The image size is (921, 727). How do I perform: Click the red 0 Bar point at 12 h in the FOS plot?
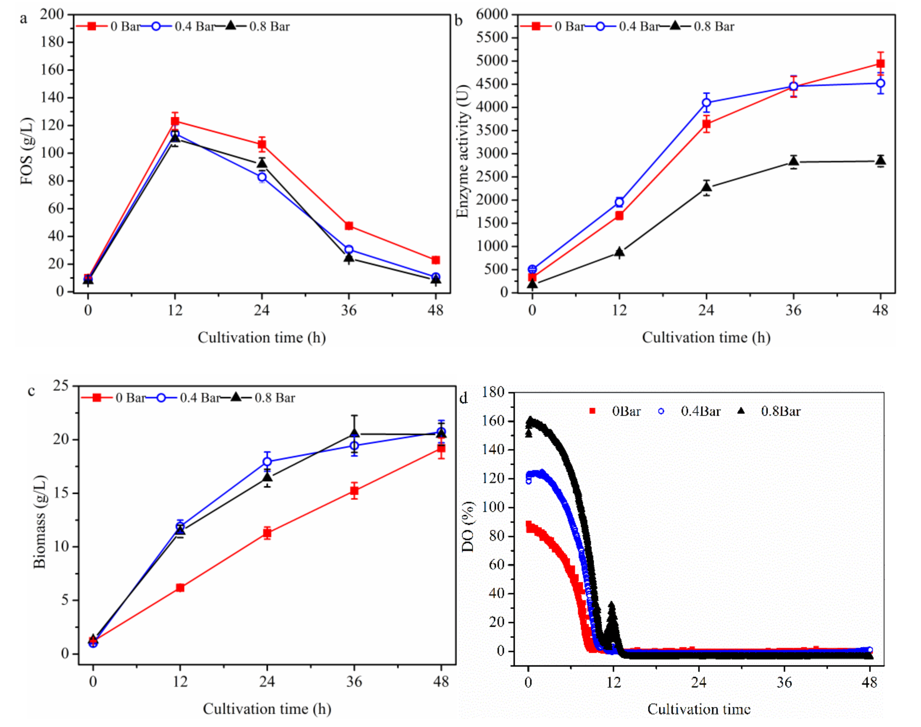click(x=175, y=121)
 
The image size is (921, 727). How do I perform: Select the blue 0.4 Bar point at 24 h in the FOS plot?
click(x=262, y=177)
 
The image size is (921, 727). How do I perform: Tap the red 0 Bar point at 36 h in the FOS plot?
click(x=349, y=226)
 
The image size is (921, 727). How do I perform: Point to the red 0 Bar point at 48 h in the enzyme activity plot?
click(x=880, y=64)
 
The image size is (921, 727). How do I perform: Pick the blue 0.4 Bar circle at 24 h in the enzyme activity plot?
click(x=706, y=103)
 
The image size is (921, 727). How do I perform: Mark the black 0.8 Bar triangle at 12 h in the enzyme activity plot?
click(x=619, y=252)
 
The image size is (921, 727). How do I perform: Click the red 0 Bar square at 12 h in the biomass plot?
click(x=180, y=588)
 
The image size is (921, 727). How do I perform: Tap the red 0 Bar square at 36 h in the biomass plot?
click(x=354, y=491)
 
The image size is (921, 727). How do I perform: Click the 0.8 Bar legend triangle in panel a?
click(x=231, y=25)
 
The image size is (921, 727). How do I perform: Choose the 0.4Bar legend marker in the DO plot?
click(x=661, y=411)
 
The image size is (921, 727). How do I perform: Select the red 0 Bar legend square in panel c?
click(x=97, y=397)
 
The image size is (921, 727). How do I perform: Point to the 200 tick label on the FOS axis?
click(x=52, y=14)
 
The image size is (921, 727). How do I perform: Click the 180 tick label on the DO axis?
click(x=493, y=392)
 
